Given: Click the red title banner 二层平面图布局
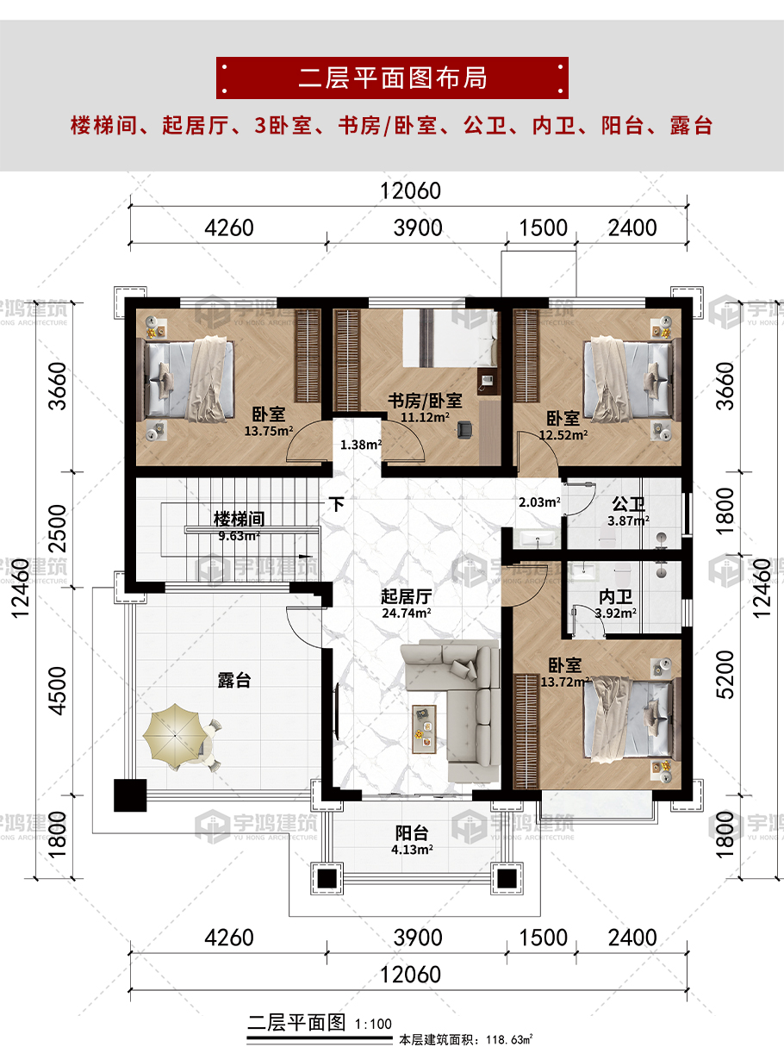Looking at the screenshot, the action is pos(392,78).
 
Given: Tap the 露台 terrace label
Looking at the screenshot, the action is pos(234,681).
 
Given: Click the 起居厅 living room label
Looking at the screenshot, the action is pos(407,596).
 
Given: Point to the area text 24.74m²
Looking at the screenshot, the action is pos(407,613).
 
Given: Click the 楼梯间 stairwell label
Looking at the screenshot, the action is pos(239,519).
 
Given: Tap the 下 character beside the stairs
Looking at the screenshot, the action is pos(337,504).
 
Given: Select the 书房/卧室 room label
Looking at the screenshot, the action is pos(425,401).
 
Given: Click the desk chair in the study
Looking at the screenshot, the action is pos(465,430).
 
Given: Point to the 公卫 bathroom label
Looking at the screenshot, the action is pos(628,504).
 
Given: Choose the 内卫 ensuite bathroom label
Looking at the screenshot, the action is pos(615,597).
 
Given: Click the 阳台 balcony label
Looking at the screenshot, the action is pos(412,833).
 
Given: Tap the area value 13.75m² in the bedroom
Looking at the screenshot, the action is pos(269,431).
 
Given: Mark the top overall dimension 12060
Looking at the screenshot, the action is pos(411,190).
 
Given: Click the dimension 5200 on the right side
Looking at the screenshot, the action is pos(725,675).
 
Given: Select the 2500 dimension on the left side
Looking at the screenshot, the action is pos(58,528).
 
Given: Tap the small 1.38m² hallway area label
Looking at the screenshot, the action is pos(361,445).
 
